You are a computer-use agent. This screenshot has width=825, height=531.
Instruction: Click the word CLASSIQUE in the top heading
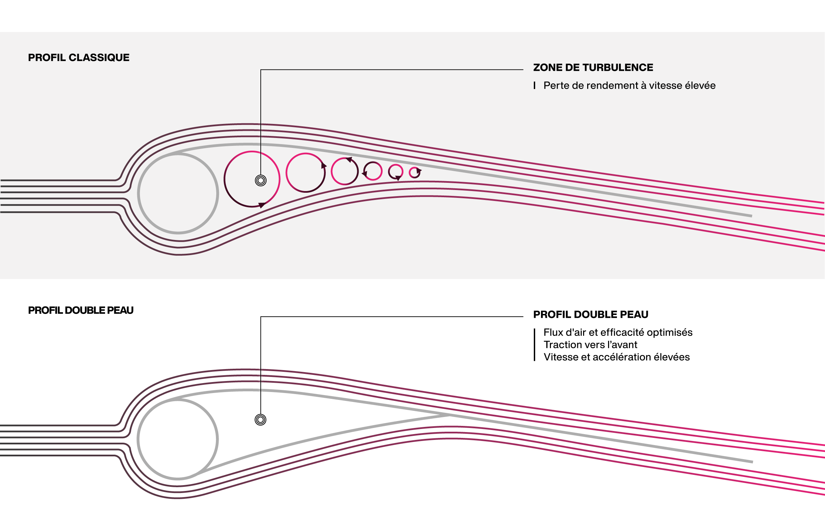pos(99,58)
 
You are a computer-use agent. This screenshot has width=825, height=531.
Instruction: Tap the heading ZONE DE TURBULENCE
pos(593,67)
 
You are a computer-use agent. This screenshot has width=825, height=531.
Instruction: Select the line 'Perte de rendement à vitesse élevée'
pos(629,86)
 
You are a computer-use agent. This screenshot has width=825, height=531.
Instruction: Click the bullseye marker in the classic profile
pos(260,180)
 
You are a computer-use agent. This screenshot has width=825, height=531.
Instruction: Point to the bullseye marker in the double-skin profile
pos(260,420)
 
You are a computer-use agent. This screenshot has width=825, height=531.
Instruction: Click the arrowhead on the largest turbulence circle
pos(262,205)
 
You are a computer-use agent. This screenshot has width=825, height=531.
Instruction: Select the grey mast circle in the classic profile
pos(138,193)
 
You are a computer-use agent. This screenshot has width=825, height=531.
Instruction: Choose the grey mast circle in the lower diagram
pos(138,439)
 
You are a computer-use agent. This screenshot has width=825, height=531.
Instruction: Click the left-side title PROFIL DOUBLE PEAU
pos(81,310)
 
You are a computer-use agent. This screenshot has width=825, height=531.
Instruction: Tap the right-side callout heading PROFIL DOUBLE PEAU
pos(591,315)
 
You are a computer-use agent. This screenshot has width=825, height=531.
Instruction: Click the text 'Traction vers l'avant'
pos(590,345)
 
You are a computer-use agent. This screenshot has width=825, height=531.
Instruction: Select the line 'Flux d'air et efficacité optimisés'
pos(618,332)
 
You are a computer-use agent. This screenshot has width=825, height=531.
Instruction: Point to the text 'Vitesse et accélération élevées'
pos(617,357)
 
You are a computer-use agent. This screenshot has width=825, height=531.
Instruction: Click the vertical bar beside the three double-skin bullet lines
pos(534,345)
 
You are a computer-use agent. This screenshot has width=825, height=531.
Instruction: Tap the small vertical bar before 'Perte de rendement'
pos(534,86)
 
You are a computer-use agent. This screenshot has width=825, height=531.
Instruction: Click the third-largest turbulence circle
pos(332,172)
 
